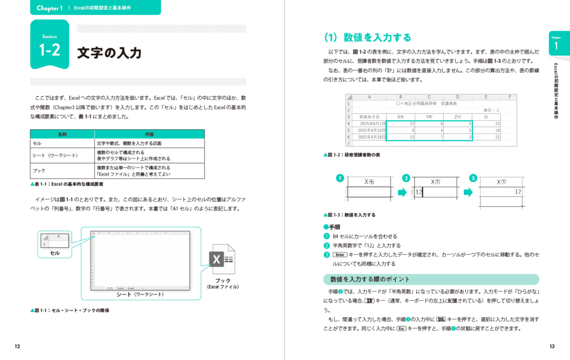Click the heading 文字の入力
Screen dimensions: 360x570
tap(109, 53)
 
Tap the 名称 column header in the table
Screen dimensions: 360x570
tap(62, 134)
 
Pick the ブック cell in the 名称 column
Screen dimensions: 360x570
tap(39, 171)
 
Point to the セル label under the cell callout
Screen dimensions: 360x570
tap(55, 253)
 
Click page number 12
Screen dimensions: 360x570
tap(18, 346)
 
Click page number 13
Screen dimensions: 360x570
tap(552, 346)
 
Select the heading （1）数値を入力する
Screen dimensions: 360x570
tap(367, 38)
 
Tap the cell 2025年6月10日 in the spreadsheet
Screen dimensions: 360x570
tap(370, 130)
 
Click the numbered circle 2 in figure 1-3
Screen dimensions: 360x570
tap(406, 178)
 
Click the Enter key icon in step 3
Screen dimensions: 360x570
tap(340, 255)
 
